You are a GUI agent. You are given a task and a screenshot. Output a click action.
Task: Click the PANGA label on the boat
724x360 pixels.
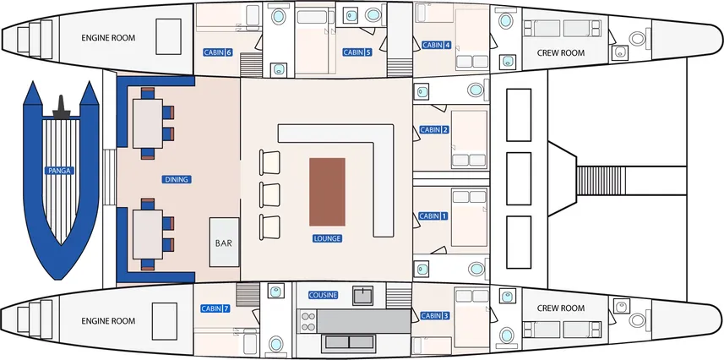pos(61,171)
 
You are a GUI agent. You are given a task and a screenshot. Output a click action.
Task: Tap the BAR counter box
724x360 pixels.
pos(225,243)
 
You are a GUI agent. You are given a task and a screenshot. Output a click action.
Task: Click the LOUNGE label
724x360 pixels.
pos(328,238)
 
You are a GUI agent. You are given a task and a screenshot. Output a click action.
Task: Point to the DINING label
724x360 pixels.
pos(177,179)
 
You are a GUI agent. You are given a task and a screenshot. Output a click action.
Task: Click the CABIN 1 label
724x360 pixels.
pos(433,215)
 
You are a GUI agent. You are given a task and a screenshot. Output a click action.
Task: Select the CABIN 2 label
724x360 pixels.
pos(433,130)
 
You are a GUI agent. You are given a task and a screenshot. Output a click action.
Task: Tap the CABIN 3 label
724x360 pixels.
pos(434,316)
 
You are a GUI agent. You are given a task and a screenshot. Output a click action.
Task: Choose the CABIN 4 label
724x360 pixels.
pos(436,45)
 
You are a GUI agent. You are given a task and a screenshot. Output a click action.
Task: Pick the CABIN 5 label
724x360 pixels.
pos(357,52)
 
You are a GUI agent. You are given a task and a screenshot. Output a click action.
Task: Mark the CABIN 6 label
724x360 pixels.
pos(217,52)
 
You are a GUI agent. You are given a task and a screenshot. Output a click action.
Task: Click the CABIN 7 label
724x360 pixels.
pos(215,308)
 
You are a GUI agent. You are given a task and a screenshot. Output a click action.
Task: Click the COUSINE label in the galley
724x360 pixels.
pos(324,295)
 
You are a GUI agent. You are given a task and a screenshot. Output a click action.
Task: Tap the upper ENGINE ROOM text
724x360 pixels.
pos(108,38)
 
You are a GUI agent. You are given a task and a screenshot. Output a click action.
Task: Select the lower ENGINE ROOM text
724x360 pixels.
pos(108,321)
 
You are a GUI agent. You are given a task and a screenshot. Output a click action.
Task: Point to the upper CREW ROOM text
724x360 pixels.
pos(561,52)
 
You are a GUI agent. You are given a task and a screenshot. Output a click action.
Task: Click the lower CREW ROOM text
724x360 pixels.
pos(561,308)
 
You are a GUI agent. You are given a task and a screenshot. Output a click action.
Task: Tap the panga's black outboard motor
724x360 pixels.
pos(61,107)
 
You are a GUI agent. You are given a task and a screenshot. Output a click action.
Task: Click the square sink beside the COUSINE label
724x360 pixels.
pos(363,296)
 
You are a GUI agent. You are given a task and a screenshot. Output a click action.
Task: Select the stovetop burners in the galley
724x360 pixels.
pos(308,321)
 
